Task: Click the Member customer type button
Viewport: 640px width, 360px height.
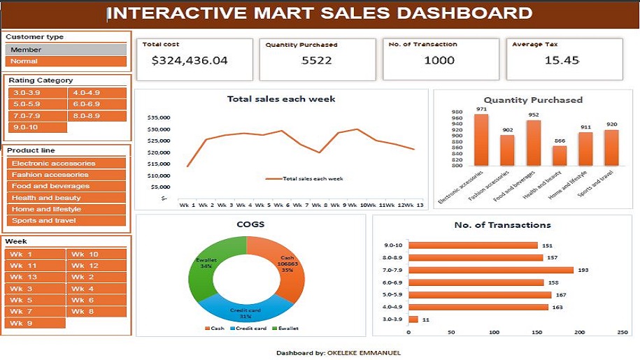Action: (66, 50)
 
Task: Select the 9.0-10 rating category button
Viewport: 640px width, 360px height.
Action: (37, 127)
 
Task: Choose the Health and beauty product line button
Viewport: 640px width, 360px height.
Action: (67, 198)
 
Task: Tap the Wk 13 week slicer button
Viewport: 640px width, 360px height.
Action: (34, 277)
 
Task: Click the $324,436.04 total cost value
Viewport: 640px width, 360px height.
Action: (190, 60)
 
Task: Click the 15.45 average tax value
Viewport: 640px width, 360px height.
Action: (562, 60)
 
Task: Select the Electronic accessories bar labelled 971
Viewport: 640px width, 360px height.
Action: (481, 140)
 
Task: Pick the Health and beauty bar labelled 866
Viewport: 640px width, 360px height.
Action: (560, 156)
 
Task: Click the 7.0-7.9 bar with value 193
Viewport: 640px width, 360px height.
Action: (490, 270)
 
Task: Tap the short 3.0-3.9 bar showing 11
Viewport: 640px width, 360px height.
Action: (413, 319)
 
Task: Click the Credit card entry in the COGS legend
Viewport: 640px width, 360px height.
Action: (250, 329)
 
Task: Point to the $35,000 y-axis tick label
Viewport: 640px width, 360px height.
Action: (159, 117)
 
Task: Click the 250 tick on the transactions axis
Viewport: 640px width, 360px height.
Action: (623, 333)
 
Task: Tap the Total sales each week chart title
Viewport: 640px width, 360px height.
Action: (281, 99)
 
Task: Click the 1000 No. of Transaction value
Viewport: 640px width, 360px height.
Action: (439, 60)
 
